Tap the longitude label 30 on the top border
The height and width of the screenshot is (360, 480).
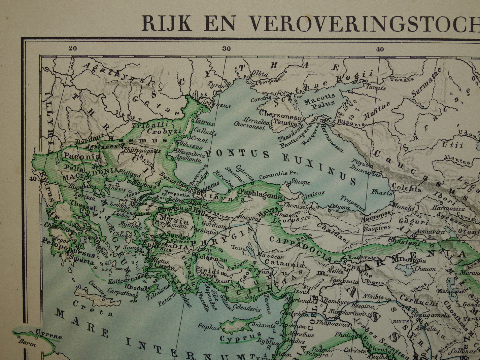tap(227, 49)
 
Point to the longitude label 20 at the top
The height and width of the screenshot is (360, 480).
tap(72, 48)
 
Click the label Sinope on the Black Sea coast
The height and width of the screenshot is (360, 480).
tap(299, 182)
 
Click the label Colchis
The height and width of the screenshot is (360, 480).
tap(407, 188)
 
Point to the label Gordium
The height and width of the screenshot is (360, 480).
tap(214, 226)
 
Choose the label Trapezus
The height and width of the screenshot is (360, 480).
tap(353, 203)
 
